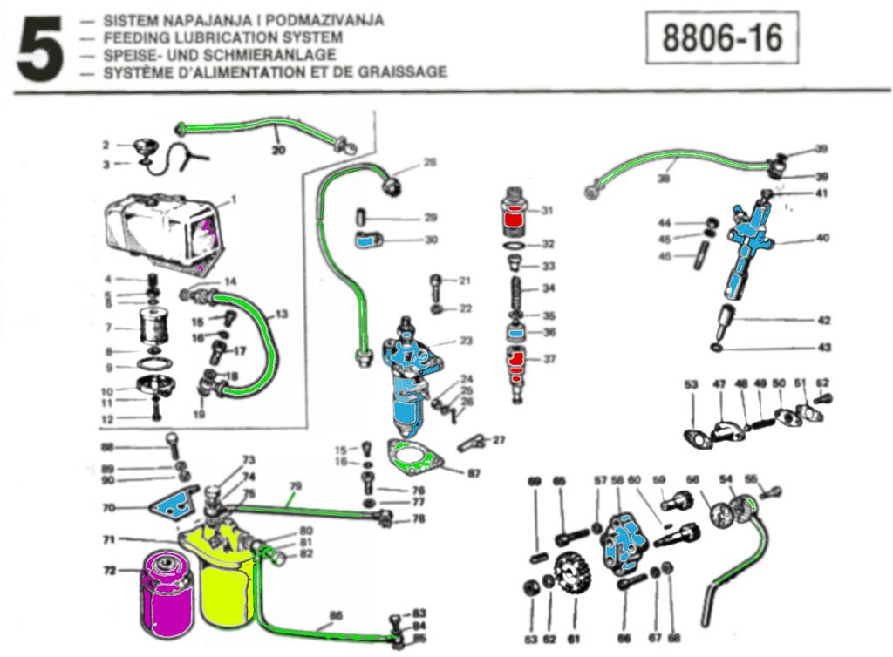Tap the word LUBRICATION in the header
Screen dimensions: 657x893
[x=204, y=38]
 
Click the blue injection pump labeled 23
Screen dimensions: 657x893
[x=408, y=383]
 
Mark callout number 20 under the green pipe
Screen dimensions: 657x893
[x=278, y=149]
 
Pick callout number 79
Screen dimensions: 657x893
[x=295, y=485]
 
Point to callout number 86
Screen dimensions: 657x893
[x=336, y=614]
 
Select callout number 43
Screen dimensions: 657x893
[x=824, y=348]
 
